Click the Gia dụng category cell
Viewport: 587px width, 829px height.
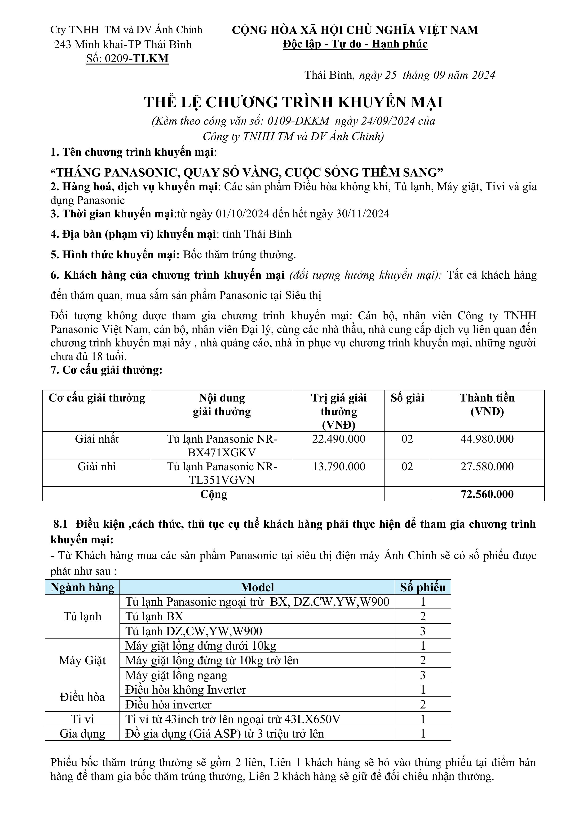tap(82, 734)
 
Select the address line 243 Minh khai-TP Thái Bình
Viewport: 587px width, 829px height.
tap(123, 44)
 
